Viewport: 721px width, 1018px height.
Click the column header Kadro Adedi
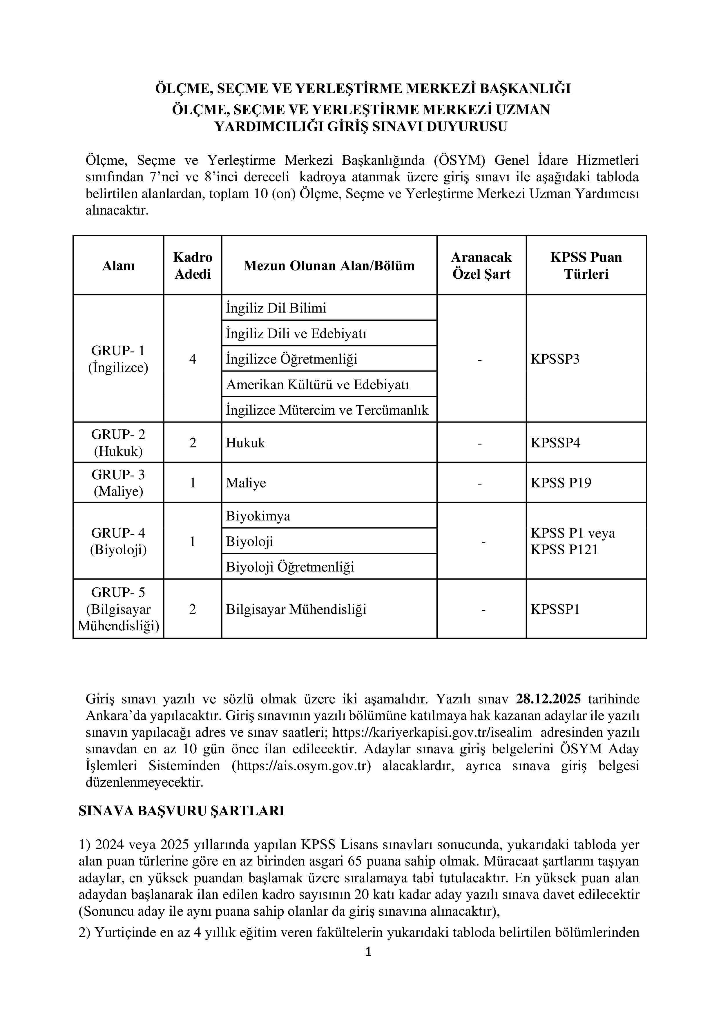pyautogui.click(x=193, y=265)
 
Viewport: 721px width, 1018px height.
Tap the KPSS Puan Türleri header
pyautogui.click(x=586, y=265)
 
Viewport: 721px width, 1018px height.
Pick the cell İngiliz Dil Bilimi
pyautogui.click(x=276, y=308)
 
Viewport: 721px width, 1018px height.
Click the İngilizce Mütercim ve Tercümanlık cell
pyautogui.click(x=327, y=410)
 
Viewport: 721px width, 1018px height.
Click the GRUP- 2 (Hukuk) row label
pyautogui.click(x=119, y=442)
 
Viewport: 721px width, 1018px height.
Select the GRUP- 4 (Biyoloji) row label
pyautogui.click(x=119, y=541)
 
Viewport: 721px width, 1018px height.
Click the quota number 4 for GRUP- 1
pyautogui.click(x=193, y=359)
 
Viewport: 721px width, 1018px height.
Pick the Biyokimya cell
pyautogui.click(x=258, y=516)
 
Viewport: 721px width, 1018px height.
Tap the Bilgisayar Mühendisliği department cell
pyautogui.click(x=296, y=609)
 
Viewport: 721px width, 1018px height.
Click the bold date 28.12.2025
pyautogui.click(x=548, y=699)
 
